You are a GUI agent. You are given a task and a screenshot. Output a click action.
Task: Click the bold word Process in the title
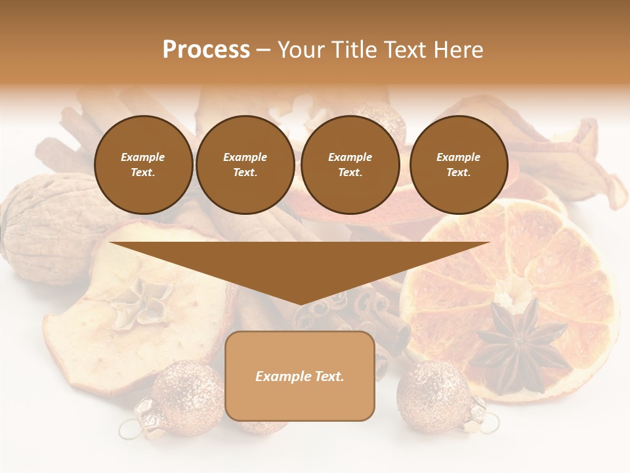click(206, 49)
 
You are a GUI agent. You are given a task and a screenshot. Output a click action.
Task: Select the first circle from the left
click(144, 165)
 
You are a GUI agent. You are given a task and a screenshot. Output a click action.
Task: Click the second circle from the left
click(245, 165)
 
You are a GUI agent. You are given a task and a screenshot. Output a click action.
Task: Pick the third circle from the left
click(350, 165)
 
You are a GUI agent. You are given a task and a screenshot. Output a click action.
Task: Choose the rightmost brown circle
click(459, 165)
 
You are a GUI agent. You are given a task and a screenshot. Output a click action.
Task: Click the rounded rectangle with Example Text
click(300, 376)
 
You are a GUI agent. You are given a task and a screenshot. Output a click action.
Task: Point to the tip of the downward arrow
click(300, 303)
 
